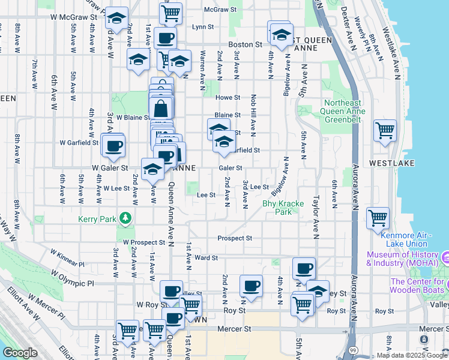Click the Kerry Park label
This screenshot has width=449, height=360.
(x=97, y=219)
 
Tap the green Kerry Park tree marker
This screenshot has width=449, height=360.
(x=125, y=218)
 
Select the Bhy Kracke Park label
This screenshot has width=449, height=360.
(x=277, y=208)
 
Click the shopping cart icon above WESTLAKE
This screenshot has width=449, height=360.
(x=384, y=131)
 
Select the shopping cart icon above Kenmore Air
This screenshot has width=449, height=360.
(x=377, y=218)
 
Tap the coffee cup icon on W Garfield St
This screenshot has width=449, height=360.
(x=113, y=146)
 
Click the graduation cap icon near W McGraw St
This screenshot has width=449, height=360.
(x=116, y=19)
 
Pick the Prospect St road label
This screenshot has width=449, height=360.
(x=235, y=238)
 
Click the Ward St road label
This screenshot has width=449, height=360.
(x=206, y=257)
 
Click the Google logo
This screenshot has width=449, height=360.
(x=20, y=353)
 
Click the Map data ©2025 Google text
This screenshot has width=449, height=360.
(x=411, y=355)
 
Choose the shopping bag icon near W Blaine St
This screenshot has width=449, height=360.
(x=161, y=109)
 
